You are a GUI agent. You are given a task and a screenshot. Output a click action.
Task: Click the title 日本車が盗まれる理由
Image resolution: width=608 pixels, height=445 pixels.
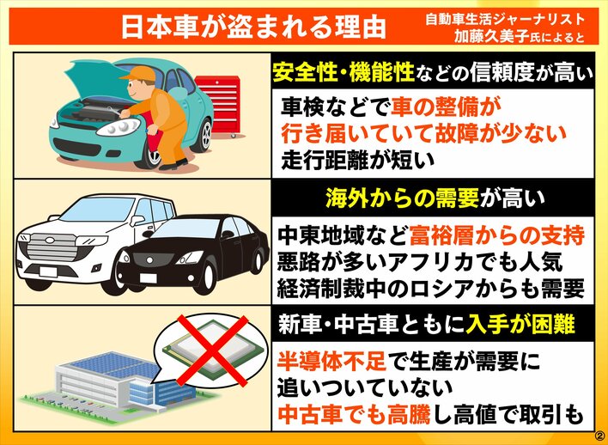click(254, 27)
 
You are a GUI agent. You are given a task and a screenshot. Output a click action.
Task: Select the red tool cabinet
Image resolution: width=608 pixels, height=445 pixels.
click(219, 106)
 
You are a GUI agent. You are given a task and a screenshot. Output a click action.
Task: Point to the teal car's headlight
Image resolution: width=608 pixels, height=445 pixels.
click(118, 127)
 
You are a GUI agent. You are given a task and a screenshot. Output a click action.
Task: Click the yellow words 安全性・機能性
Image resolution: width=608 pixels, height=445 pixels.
click(344, 72)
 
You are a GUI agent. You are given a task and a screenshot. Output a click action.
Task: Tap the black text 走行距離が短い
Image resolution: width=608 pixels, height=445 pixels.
click(359, 160)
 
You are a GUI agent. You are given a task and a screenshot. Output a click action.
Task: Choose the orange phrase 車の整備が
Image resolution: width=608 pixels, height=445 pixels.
click(444, 107)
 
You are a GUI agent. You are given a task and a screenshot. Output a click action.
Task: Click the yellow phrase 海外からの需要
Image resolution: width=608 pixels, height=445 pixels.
click(401, 198)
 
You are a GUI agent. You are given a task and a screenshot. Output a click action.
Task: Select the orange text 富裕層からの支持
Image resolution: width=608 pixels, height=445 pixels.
click(496, 235)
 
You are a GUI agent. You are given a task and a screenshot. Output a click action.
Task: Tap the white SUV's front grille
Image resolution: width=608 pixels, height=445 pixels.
click(53, 247)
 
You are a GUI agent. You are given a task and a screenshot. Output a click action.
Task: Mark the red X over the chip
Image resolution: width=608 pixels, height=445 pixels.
click(212, 351)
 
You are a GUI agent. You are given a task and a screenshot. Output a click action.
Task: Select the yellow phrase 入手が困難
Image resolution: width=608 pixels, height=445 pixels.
click(520, 325)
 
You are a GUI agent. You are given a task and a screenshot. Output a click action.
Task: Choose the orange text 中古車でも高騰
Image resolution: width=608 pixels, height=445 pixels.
click(354, 415)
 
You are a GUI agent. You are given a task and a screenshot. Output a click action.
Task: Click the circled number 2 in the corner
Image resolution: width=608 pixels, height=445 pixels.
click(600, 435)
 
